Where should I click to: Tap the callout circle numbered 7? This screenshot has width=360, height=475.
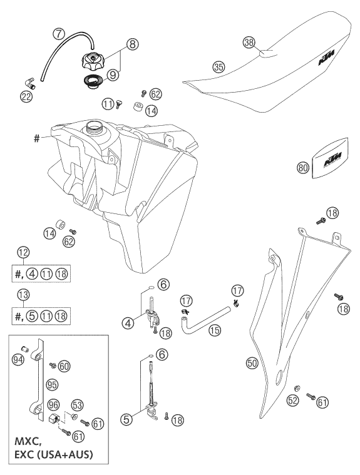pyautogui.click(x=60, y=34)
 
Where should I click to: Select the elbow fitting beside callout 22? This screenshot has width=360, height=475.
pyautogui.click(x=29, y=82)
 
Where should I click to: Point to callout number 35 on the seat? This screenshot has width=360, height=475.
pyautogui.click(x=219, y=67)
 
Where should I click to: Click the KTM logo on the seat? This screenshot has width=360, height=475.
pyautogui.click(x=326, y=58)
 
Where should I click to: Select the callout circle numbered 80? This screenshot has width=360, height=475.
pyautogui.click(x=303, y=168)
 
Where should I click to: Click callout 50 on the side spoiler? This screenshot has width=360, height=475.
pyautogui.click(x=252, y=363)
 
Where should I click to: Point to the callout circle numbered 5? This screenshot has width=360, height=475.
pyautogui.click(x=126, y=419)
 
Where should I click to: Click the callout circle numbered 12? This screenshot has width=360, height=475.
pyautogui.click(x=23, y=252)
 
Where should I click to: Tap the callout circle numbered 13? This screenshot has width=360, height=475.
pyautogui.click(x=23, y=294)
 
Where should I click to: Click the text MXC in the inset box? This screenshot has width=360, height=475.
pyautogui.click(x=28, y=442)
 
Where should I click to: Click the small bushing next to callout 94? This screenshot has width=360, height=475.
pyautogui.click(x=25, y=349)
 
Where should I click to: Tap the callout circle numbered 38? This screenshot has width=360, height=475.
pyautogui.click(x=249, y=42)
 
